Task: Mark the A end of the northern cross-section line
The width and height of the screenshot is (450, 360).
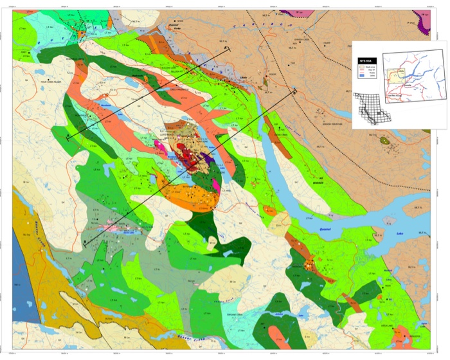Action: [69, 137]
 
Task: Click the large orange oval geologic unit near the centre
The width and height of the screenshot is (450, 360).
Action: [190, 191]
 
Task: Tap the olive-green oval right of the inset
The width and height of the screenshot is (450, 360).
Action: [385, 139]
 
